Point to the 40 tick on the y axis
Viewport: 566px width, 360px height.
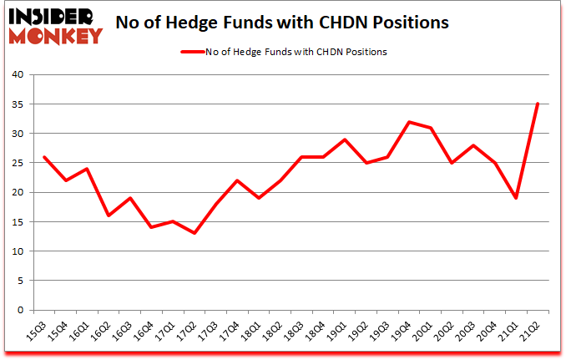point(18,75)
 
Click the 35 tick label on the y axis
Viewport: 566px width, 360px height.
point(18,104)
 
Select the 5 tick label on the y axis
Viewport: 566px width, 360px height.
point(21,281)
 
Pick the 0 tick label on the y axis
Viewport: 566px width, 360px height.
point(21,310)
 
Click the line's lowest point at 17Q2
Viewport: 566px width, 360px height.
point(194,233)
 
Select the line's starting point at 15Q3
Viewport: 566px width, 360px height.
point(43,157)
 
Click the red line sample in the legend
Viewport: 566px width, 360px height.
point(193,52)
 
